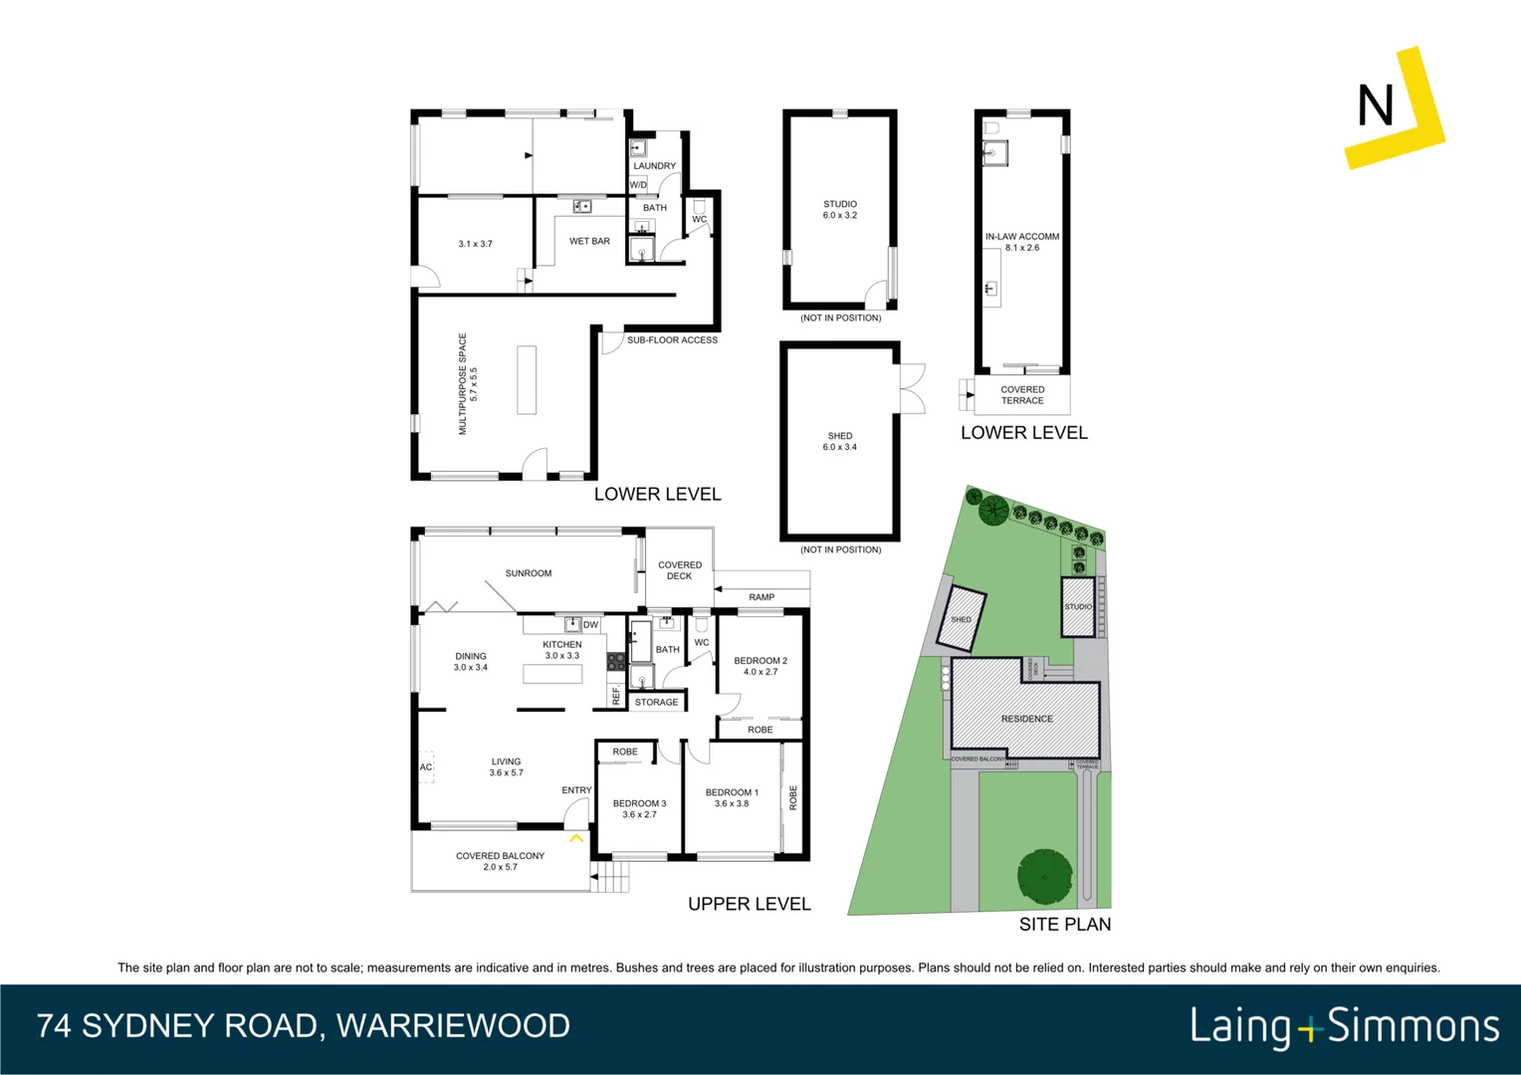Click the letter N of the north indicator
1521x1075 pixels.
pos(1375,106)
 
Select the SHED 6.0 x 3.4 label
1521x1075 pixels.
pos(839,441)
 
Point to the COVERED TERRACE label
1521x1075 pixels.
pos(1022,395)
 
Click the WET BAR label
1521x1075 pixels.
pos(589,241)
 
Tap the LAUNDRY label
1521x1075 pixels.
pos(654,166)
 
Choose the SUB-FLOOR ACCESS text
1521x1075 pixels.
pos(672,340)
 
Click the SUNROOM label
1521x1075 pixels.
pos(528,573)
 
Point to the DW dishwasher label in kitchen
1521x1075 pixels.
pos(590,625)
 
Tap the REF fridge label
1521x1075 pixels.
pos(616,696)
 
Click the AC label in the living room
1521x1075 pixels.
pos(426,767)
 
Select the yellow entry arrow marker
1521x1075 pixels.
pos(575,839)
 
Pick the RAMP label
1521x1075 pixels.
pos(761,597)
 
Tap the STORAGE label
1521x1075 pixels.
pos(656,703)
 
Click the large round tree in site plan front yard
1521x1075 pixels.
pos(1044,876)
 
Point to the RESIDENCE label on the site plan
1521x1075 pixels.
pos(1026,719)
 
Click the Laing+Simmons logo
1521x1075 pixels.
pos(1344,1026)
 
